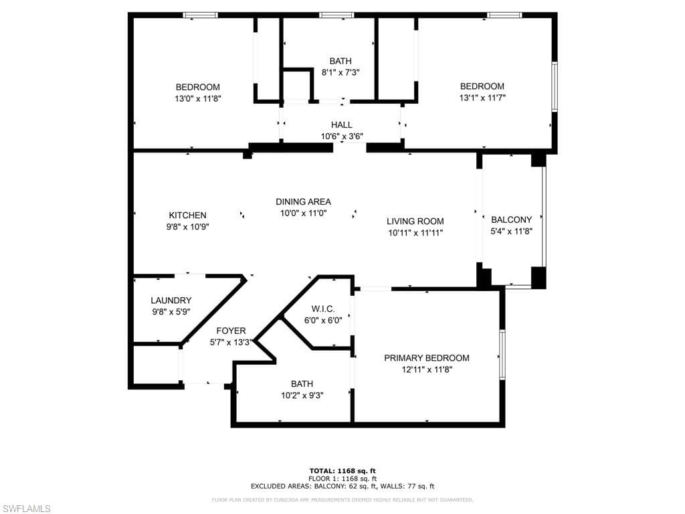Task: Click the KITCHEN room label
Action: [x=187, y=216]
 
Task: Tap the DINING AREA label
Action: [x=303, y=201]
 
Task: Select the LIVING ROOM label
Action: [x=415, y=222]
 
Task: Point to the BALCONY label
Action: [x=511, y=220]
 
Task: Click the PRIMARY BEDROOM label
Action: [x=426, y=358]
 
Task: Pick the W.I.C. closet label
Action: [x=322, y=309]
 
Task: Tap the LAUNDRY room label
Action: [x=171, y=301]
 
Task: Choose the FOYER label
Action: [x=231, y=331]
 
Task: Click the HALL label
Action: [x=341, y=125]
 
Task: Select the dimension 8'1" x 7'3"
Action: [x=340, y=72]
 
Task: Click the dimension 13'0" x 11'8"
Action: [x=197, y=98]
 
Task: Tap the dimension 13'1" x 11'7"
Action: [x=482, y=98]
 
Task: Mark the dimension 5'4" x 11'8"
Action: [x=511, y=231]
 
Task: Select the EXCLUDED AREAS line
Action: [x=342, y=487]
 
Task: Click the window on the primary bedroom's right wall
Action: [x=502, y=355]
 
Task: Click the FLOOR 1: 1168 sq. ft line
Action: [x=342, y=479]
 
